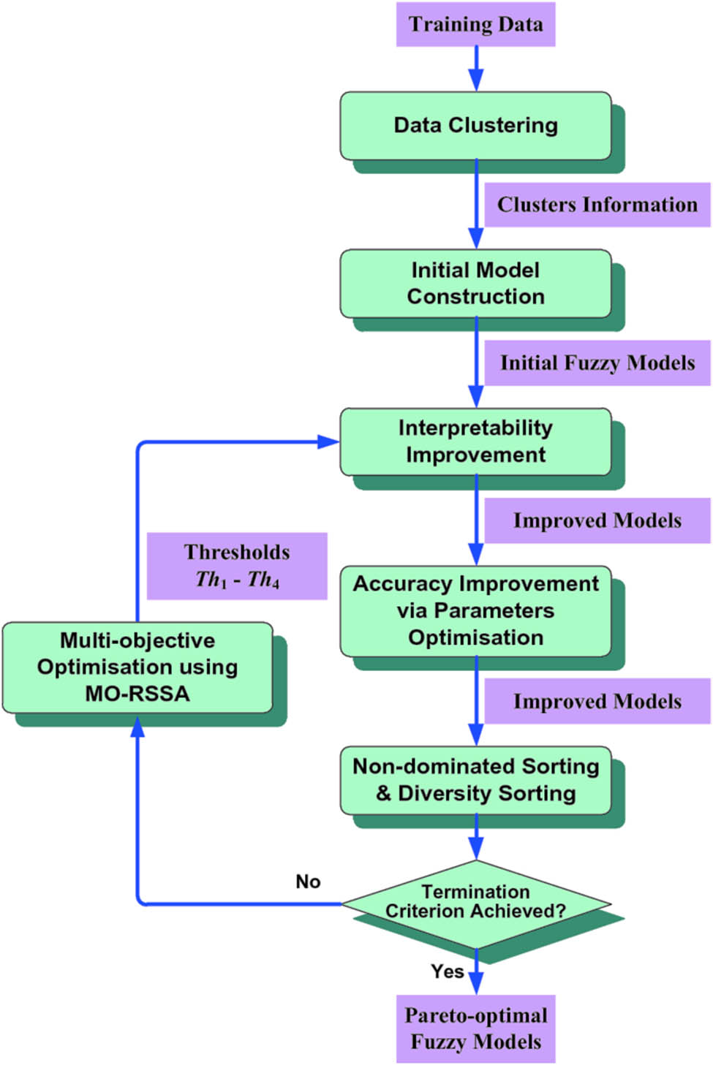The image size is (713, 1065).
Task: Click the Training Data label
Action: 475,24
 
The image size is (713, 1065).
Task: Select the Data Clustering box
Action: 475,125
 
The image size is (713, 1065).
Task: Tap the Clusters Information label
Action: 597,205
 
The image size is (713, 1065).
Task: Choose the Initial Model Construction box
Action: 475,284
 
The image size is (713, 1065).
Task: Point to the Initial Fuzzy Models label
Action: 597,363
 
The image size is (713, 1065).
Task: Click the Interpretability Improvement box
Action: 475,441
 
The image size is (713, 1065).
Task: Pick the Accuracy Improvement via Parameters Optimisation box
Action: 475,610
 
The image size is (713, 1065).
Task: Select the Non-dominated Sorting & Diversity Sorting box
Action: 475,780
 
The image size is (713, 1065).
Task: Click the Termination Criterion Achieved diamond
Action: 475,903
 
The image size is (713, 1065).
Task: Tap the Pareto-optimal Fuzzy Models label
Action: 475,1028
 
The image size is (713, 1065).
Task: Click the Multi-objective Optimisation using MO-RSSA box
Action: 137,667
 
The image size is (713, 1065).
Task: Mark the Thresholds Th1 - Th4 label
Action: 237,566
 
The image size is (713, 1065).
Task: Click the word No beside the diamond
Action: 308,882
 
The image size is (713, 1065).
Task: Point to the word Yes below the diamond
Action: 447,971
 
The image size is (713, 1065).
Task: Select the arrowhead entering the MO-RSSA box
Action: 137,726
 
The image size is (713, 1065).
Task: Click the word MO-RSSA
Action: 137,694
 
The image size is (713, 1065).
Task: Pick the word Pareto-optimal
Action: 475,1015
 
